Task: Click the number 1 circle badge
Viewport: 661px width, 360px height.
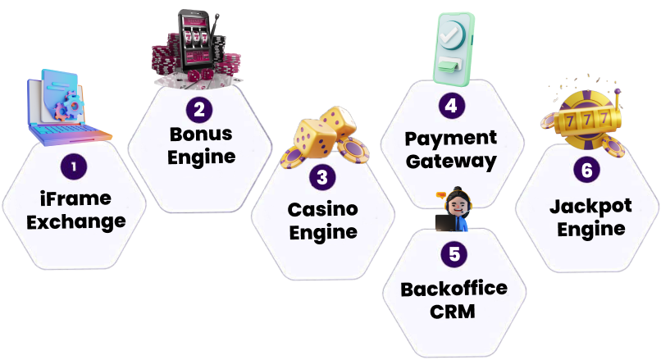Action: tap(75, 167)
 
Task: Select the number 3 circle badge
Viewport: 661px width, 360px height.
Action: tap(321, 176)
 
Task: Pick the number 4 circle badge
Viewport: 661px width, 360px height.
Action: tap(450, 106)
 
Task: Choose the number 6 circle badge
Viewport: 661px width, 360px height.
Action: tap(585, 171)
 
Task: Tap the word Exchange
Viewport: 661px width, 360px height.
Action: tap(75, 221)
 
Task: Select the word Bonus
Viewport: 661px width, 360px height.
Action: tap(201, 134)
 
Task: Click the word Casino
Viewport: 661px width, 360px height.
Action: tap(322, 209)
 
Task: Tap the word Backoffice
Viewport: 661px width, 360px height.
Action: tap(454, 289)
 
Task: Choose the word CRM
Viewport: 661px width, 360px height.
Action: tap(454, 312)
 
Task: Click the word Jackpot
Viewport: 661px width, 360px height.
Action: tap(590, 206)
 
